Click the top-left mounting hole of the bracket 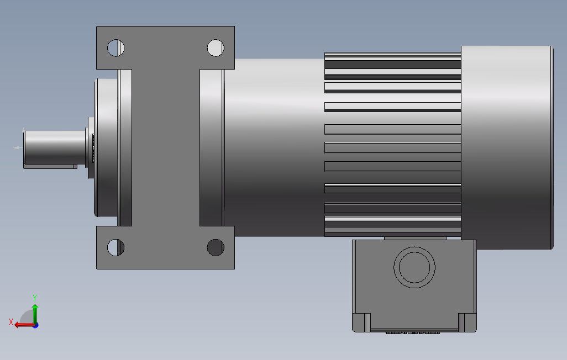click(x=116, y=47)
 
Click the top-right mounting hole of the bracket click(x=216, y=47)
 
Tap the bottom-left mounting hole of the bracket click(x=116, y=247)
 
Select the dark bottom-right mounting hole click(x=216, y=247)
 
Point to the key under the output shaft click(x=50, y=167)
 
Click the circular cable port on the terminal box click(x=414, y=267)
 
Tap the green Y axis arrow click(x=35, y=314)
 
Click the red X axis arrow click(x=24, y=325)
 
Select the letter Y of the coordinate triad click(x=35, y=298)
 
